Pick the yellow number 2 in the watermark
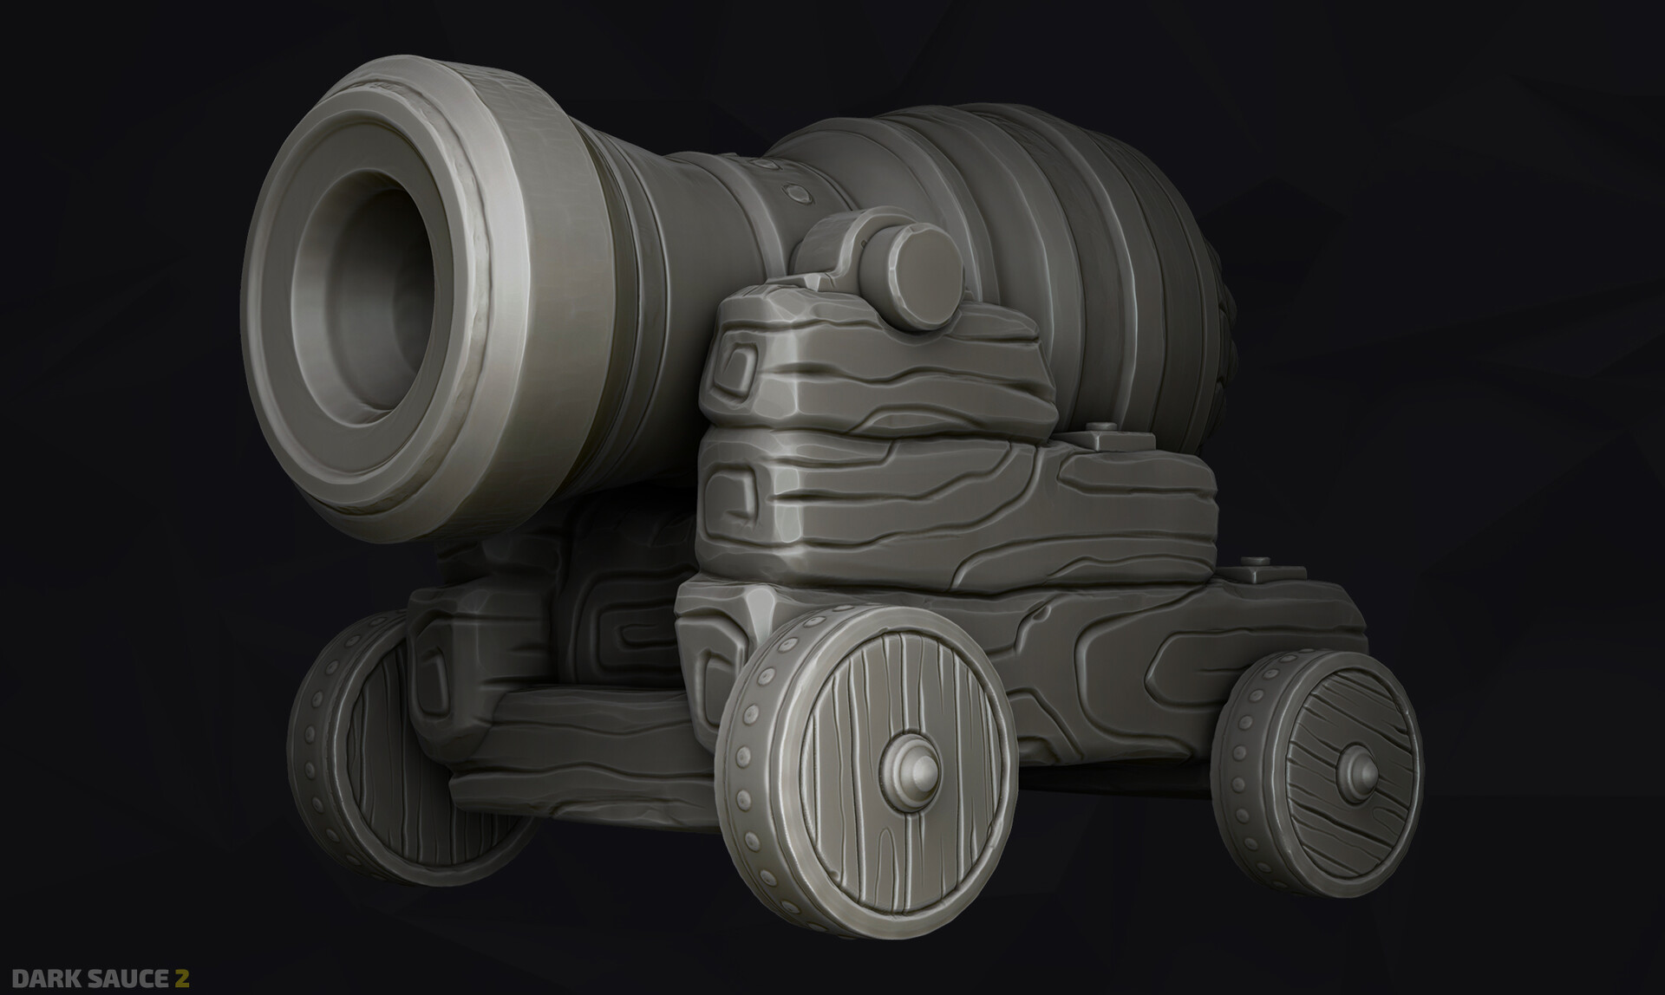tap(182, 978)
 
